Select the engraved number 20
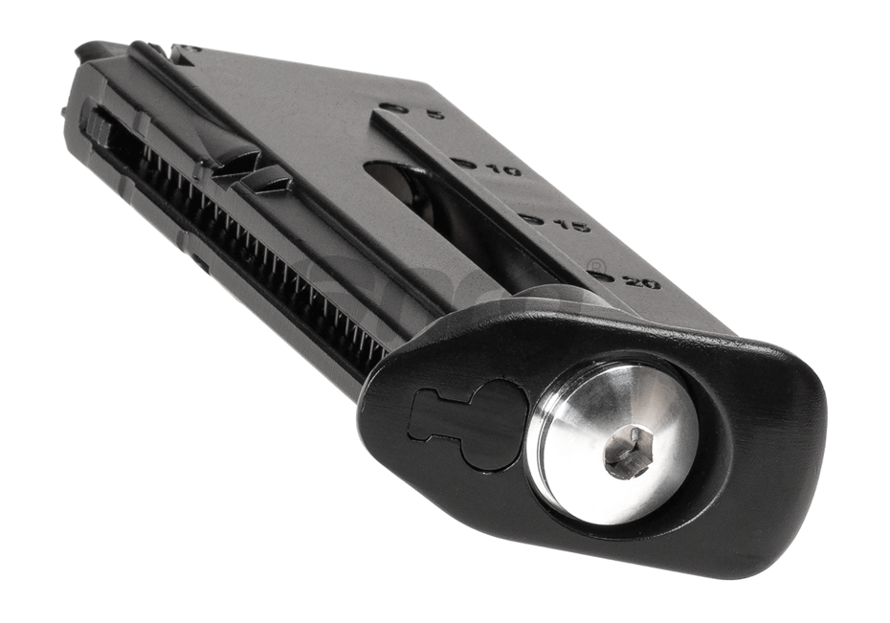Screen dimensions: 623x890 (x=641, y=282)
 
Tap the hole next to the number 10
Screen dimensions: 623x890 (x=465, y=163)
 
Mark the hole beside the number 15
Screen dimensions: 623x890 (x=532, y=219)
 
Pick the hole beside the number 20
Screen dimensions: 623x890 (x=601, y=276)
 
